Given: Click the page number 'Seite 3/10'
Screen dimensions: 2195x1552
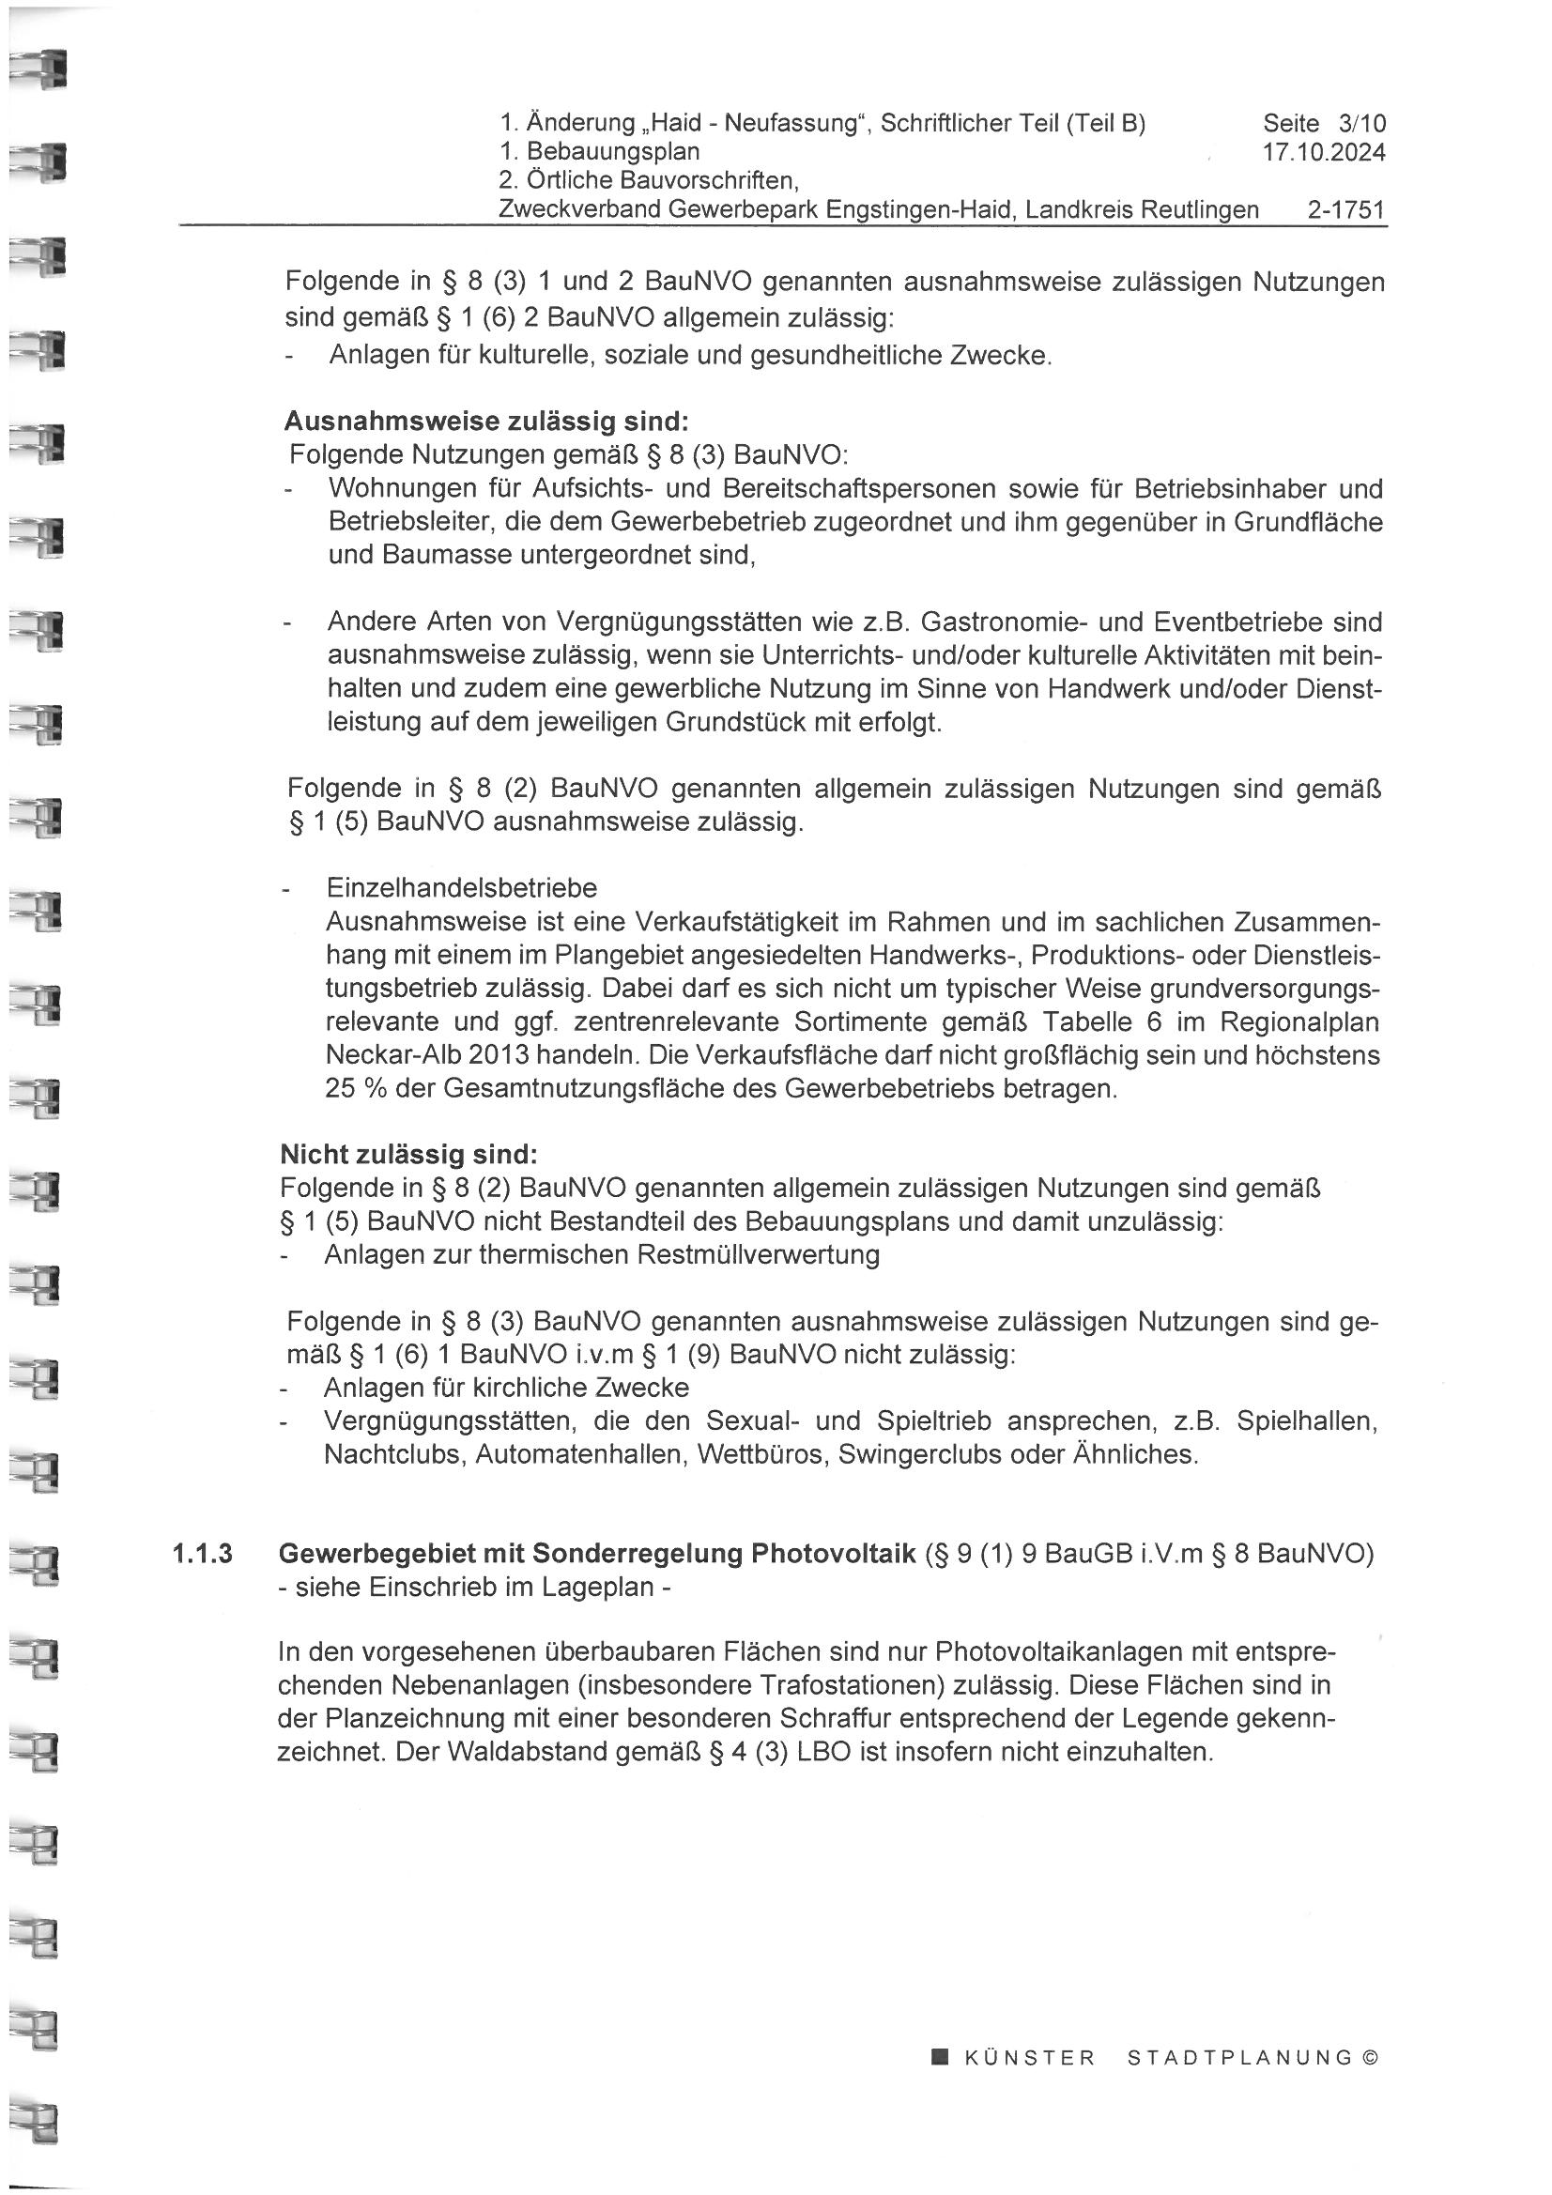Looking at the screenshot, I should point(1324,123).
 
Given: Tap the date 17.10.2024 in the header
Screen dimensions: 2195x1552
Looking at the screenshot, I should point(1324,152).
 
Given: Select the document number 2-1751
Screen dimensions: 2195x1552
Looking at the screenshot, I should point(1346,209).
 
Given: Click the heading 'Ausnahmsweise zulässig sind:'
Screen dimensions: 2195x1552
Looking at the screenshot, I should point(485,422).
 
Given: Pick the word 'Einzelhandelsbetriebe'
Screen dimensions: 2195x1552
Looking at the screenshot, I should point(462,888).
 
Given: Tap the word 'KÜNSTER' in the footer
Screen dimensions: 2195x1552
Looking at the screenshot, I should point(1030,2058).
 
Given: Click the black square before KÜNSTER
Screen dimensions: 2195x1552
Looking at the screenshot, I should point(940,2057).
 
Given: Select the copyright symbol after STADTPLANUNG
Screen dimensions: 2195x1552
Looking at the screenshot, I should point(1369,2058).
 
